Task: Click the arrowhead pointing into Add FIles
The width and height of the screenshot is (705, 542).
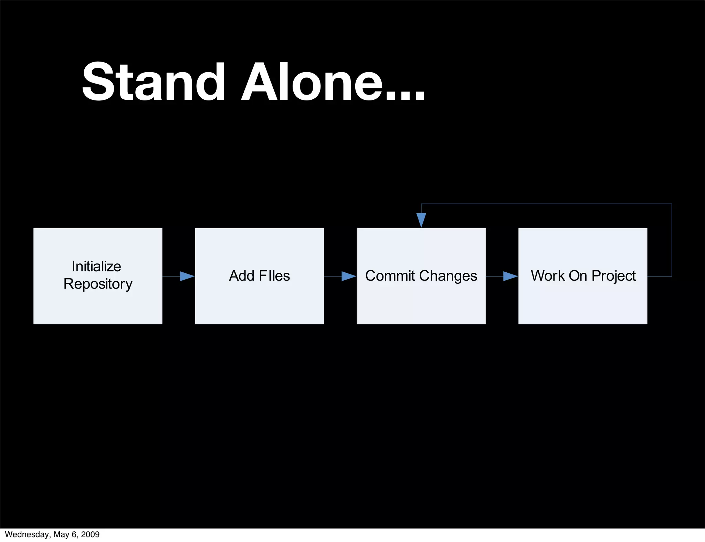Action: click(x=187, y=276)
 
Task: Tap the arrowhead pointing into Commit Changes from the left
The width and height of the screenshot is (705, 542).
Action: click(x=349, y=276)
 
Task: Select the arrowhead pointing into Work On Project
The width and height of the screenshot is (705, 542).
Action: click(x=511, y=276)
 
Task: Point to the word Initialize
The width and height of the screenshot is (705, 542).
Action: click(x=96, y=267)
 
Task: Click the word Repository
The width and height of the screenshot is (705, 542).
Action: click(x=98, y=284)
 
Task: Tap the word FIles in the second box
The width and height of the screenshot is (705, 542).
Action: click(x=274, y=276)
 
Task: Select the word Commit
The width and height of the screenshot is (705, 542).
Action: click(x=390, y=276)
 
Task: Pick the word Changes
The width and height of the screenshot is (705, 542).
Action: click(x=448, y=276)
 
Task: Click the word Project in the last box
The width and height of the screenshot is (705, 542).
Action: click(x=613, y=276)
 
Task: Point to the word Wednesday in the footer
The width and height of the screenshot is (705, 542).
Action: click(x=27, y=534)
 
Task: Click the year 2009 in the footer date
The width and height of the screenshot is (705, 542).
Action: click(x=90, y=534)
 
